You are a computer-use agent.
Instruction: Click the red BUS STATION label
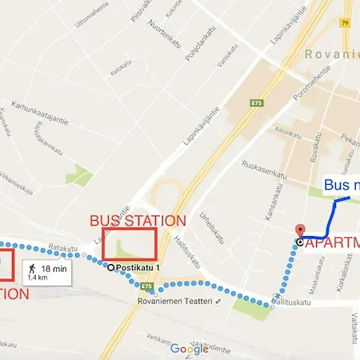pos(138,220)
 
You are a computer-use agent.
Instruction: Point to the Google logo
pos(189,349)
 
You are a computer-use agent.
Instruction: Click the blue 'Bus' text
pos(335,185)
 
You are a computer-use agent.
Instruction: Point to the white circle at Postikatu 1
pos(111,267)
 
